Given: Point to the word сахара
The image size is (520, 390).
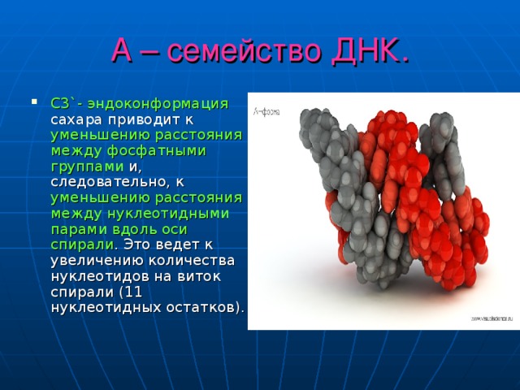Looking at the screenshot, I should [76, 119].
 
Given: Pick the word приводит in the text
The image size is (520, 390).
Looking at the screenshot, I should [145, 119].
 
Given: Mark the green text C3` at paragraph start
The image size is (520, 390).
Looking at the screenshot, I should [62, 104].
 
